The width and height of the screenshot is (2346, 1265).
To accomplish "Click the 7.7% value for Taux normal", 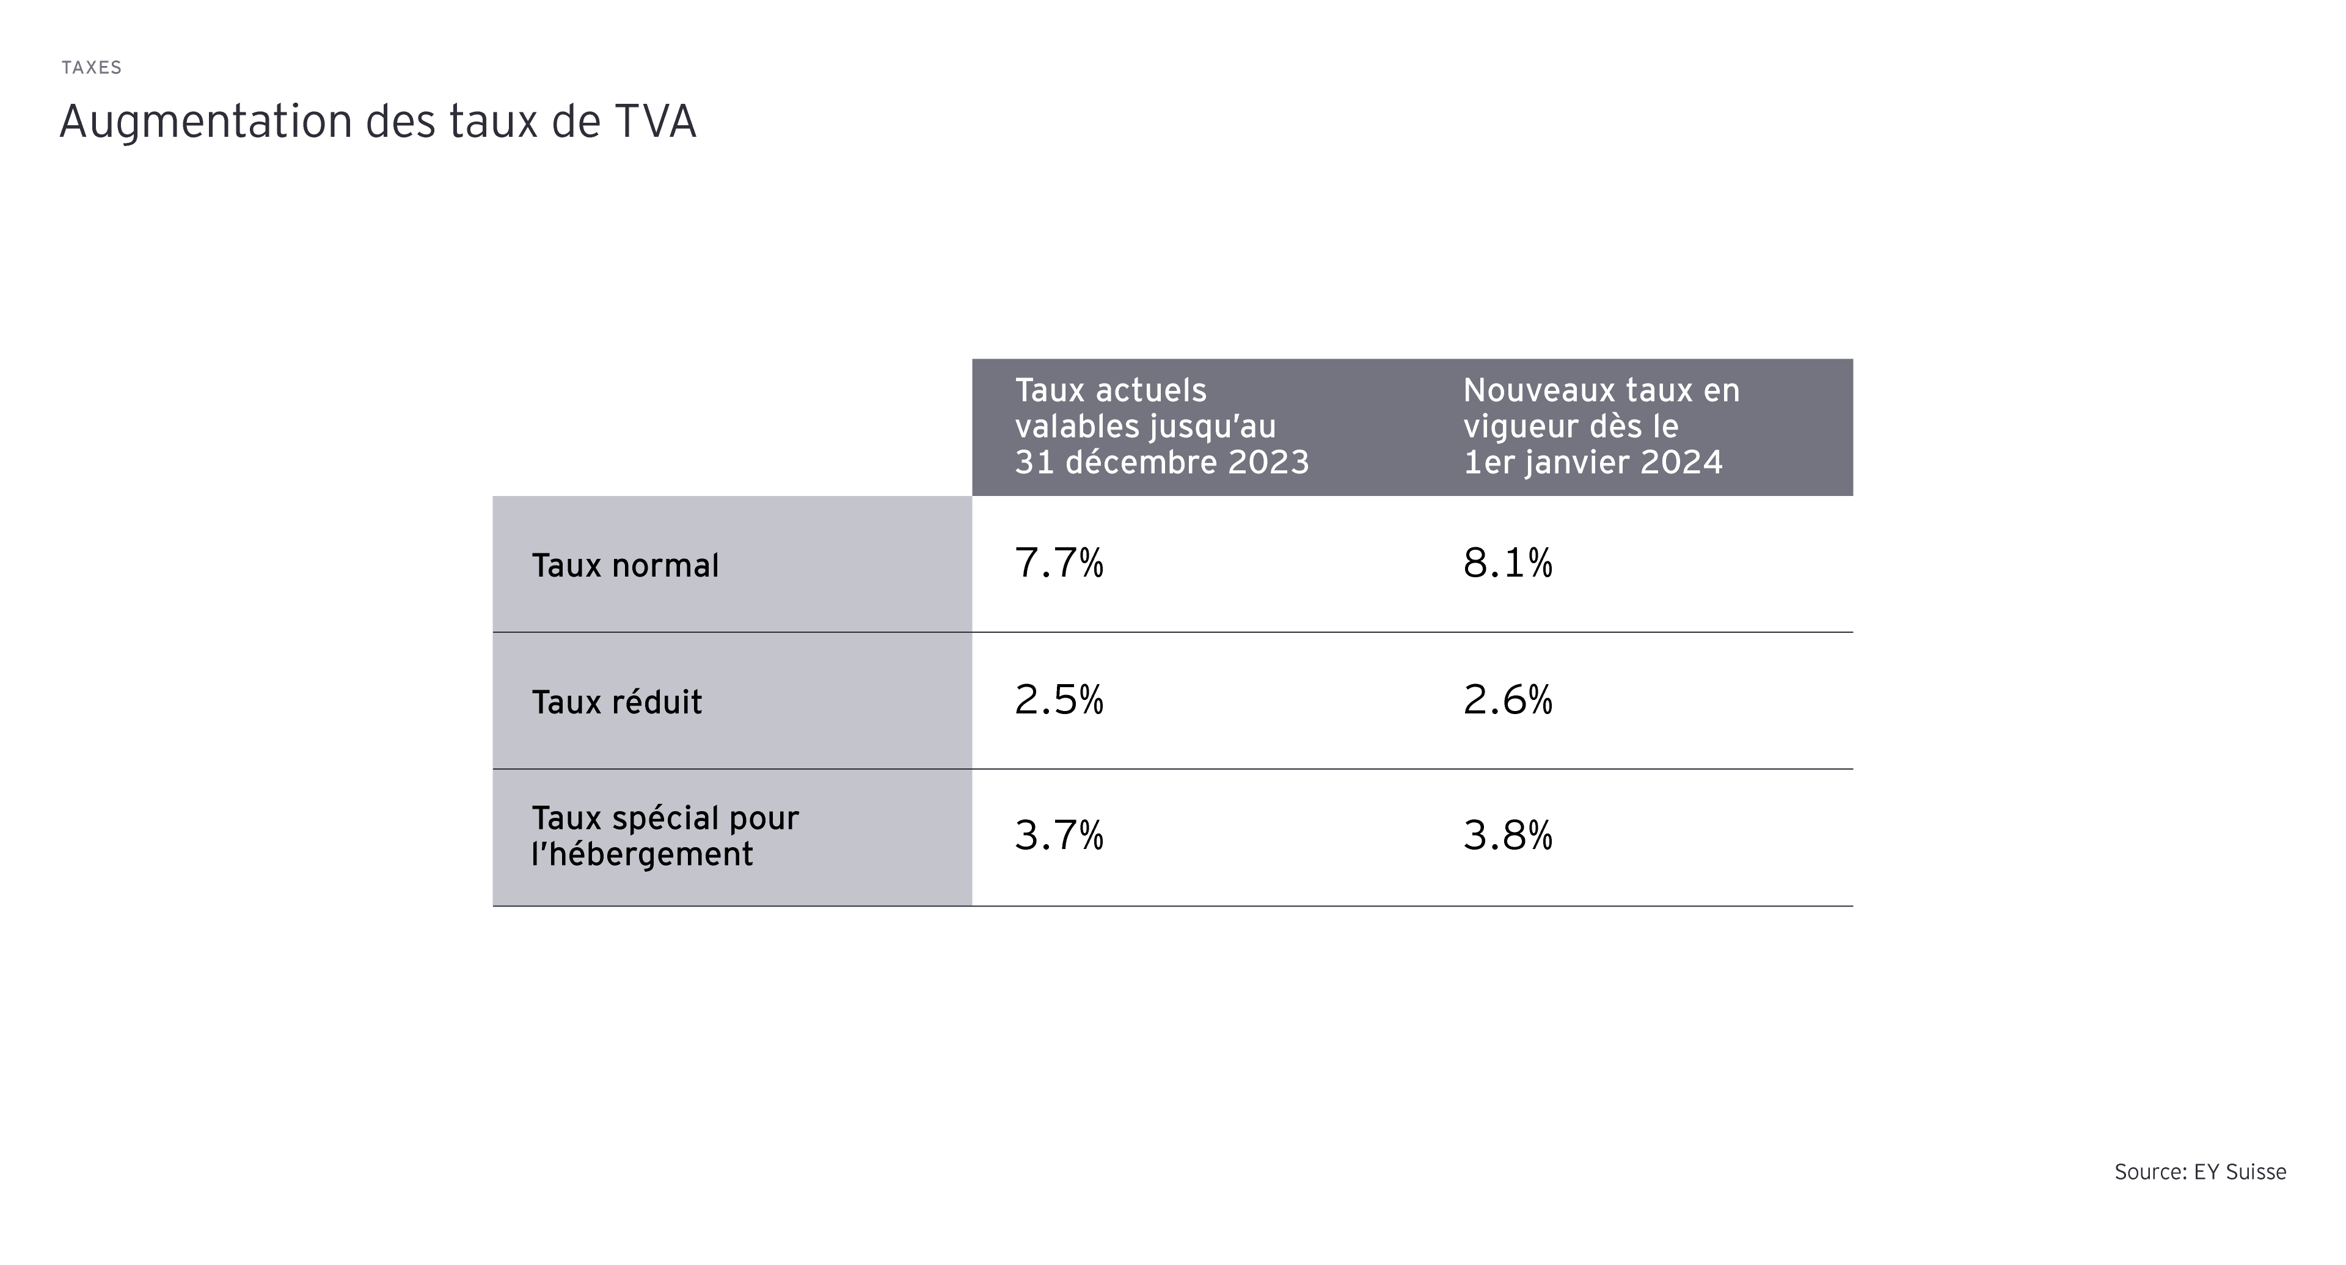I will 1058,564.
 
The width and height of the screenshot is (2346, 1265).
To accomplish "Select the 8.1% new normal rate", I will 1507,564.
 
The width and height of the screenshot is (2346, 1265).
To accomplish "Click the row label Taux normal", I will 625,566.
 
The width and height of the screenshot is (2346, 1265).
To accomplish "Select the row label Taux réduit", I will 616,702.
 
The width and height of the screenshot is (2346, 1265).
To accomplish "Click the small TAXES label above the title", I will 91,67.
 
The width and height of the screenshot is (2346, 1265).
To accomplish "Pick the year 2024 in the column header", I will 1681,462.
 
